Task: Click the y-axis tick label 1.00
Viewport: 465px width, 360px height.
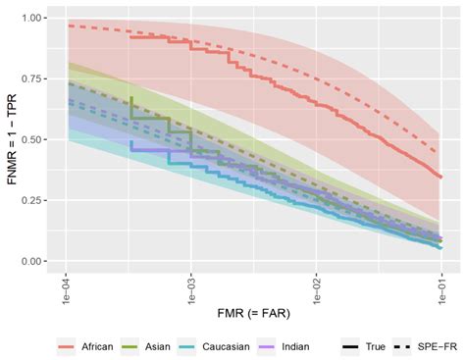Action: (31, 19)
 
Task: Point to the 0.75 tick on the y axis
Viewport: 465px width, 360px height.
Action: (31, 79)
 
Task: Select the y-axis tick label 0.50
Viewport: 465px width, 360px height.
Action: (31, 140)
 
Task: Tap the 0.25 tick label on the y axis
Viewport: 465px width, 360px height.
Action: (31, 201)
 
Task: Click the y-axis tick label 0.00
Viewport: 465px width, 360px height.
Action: (31, 262)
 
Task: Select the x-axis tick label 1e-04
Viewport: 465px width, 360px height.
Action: (66, 290)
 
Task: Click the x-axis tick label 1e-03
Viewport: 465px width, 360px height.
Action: (190, 290)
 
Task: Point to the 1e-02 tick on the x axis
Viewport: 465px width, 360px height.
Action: (316, 290)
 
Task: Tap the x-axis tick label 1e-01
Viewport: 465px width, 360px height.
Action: (440, 290)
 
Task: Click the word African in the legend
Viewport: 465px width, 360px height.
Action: (99, 347)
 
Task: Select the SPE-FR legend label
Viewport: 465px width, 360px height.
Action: (432, 347)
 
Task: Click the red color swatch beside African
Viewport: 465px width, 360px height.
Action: (70, 347)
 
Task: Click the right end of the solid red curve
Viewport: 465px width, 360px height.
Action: (440, 178)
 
